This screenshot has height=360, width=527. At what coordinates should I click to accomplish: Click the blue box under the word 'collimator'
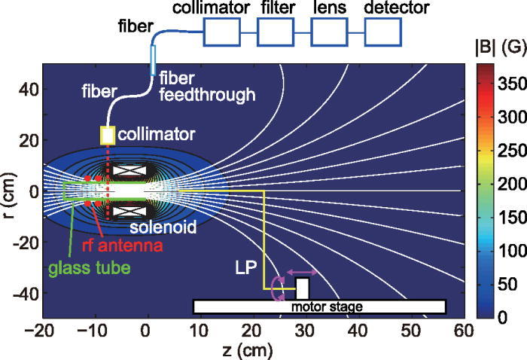click(223, 34)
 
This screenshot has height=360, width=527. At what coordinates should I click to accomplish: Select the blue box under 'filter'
click(275, 34)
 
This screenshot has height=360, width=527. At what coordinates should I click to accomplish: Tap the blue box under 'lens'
click(328, 34)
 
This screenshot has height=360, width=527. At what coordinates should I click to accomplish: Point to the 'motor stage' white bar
click(320, 306)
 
